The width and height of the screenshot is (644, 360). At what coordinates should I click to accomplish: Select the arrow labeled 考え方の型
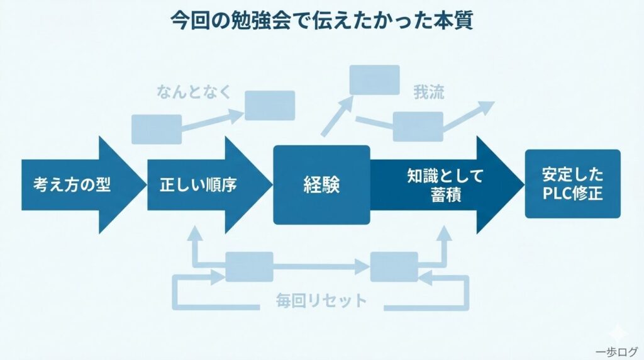pyautogui.click(x=72, y=186)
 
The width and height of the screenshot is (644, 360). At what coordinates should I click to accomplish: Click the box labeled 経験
pyautogui.click(x=321, y=185)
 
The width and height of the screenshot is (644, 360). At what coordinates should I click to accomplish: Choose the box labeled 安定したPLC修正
pyautogui.click(x=572, y=184)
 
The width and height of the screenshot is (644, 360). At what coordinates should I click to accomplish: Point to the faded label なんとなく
pyautogui.click(x=194, y=93)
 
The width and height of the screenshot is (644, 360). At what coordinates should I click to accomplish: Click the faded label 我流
pyautogui.click(x=429, y=93)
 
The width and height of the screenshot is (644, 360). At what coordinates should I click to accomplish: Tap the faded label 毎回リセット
pyautogui.click(x=321, y=301)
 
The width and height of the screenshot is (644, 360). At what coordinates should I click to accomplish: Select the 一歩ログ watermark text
pyautogui.click(x=616, y=351)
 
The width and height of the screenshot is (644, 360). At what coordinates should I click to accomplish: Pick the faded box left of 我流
pyautogui.click(x=375, y=80)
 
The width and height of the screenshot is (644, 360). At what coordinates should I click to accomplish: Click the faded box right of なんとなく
pyautogui.click(x=270, y=105)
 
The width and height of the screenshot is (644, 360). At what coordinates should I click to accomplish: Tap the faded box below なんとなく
pyautogui.click(x=157, y=129)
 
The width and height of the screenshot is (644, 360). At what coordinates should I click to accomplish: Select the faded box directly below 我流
pyautogui.click(x=418, y=127)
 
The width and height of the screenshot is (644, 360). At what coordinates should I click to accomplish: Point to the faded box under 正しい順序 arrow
pyautogui.click(x=249, y=266)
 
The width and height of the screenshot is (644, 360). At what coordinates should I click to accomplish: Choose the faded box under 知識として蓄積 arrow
pyautogui.click(x=394, y=266)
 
